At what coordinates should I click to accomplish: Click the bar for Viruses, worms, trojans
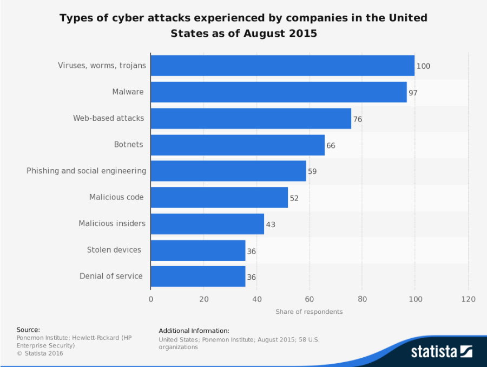click(x=282, y=66)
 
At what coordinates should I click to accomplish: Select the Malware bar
click(x=279, y=92)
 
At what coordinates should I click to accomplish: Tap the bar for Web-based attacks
click(x=251, y=118)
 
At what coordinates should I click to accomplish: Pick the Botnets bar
click(x=238, y=145)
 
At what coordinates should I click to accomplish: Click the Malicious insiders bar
click(x=207, y=224)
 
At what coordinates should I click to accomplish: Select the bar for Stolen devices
click(x=198, y=250)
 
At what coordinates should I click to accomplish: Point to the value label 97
click(x=413, y=93)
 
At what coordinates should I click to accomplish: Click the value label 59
click(x=312, y=172)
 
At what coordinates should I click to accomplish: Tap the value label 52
click(x=294, y=198)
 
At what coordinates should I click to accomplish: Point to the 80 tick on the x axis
click(x=363, y=299)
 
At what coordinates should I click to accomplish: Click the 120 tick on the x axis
click(x=468, y=299)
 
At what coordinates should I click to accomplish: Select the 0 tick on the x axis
click(x=151, y=299)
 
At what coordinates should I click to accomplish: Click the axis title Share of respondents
click(x=309, y=312)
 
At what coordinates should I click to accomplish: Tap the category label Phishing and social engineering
click(x=86, y=171)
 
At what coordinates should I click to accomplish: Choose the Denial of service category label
click(x=111, y=276)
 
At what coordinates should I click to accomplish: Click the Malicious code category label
click(x=116, y=197)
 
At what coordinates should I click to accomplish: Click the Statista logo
click(x=441, y=352)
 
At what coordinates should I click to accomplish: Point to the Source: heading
click(x=28, y=330)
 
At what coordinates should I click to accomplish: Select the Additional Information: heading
click(x=194, y=331)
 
